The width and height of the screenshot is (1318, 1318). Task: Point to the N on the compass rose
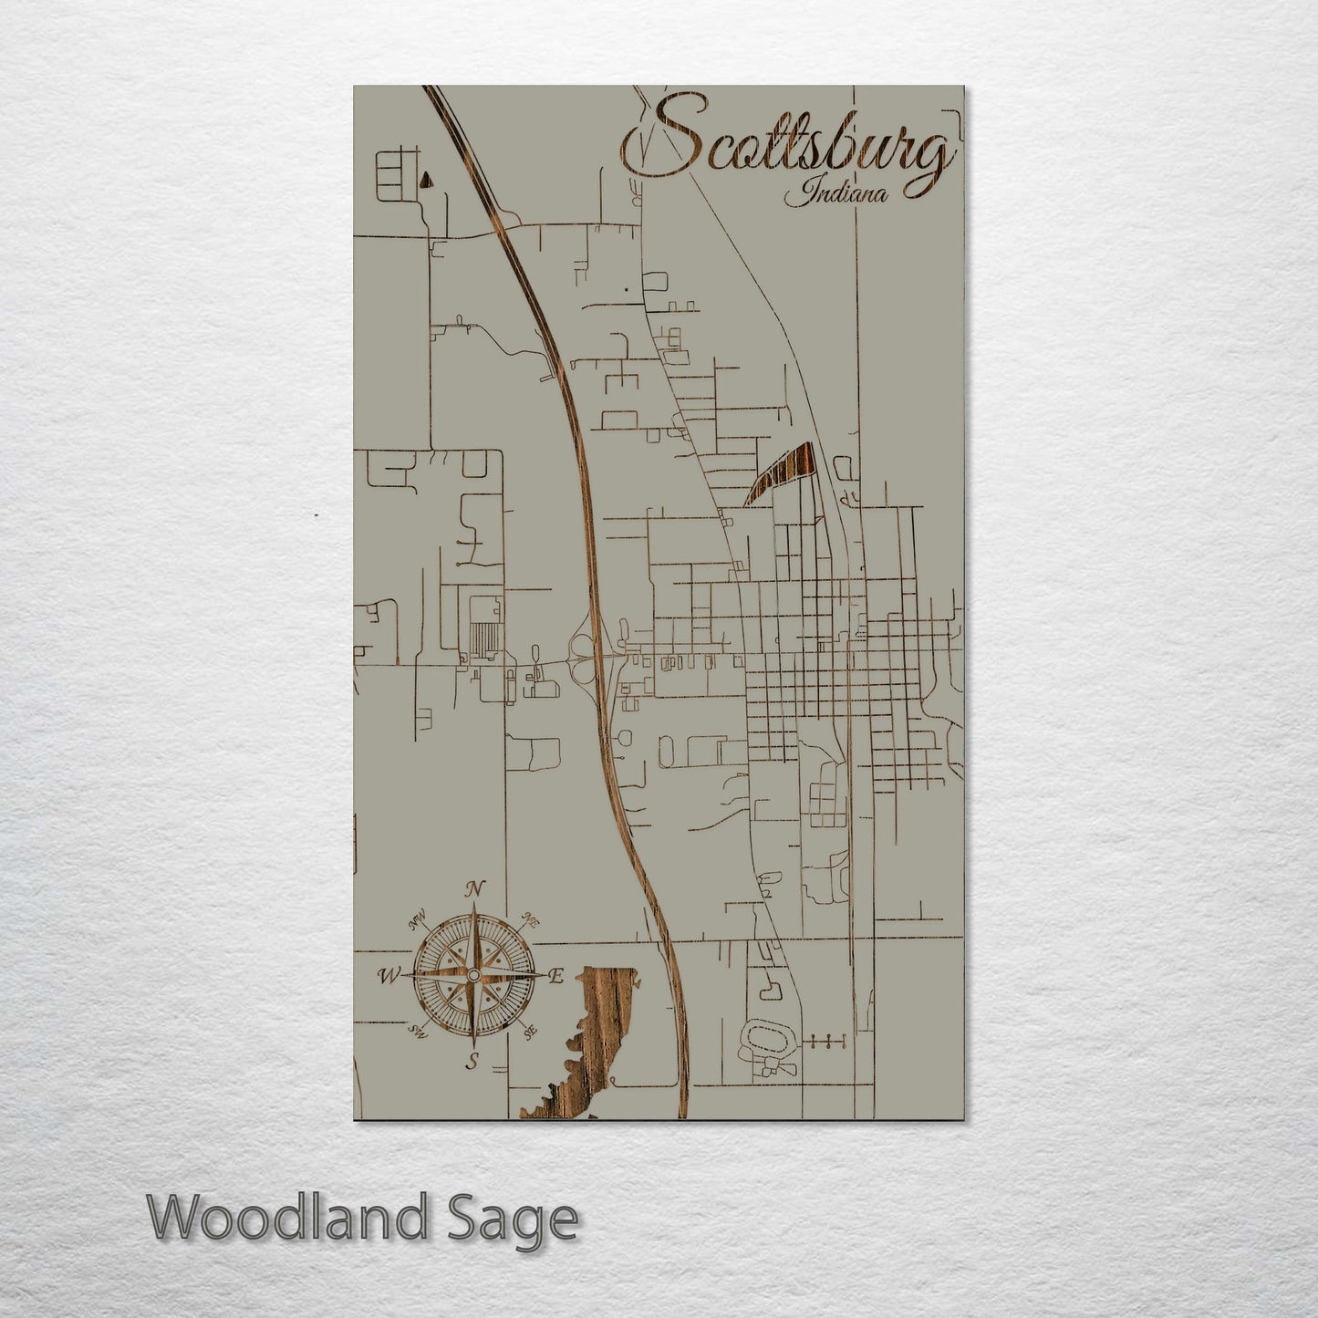point(473,889)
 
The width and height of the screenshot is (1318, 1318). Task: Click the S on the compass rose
point(472,1060)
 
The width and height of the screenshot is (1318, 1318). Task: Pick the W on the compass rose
point(388,976)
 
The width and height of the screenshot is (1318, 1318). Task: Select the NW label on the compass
point(419,925)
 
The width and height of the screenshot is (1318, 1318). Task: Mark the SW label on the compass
point(419,1031)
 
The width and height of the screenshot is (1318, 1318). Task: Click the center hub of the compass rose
point(472,976)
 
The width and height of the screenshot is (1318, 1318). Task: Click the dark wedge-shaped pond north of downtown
point(783,472)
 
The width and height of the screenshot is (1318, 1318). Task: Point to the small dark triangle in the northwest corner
point(425,179)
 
